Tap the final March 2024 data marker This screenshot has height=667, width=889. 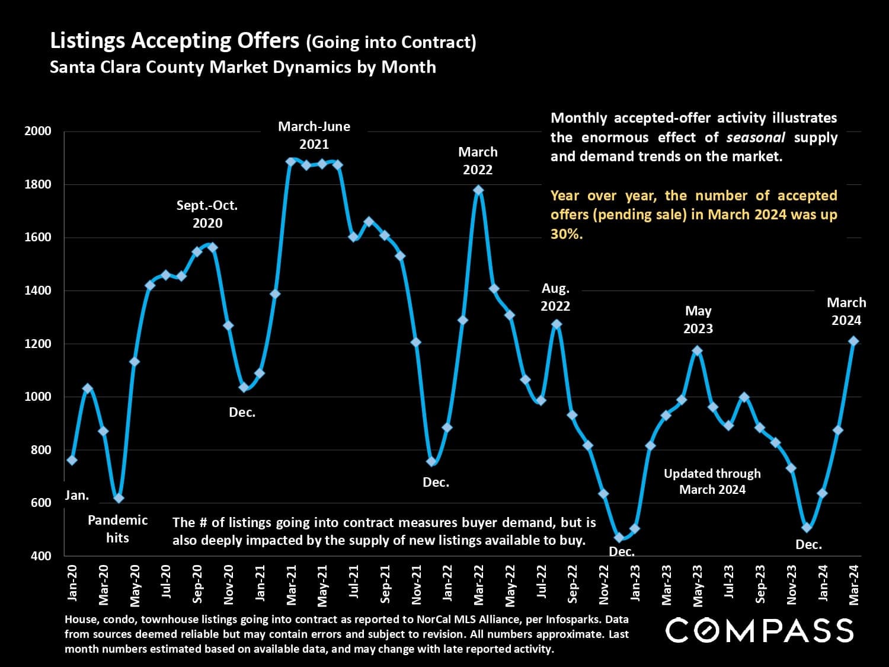point(853,341)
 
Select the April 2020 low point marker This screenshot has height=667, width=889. point(119,498)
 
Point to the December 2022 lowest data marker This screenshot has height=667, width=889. point(619,538)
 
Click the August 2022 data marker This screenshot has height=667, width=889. point(557,324)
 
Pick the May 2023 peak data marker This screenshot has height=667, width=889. point(698,350)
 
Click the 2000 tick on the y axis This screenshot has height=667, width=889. point(37,131)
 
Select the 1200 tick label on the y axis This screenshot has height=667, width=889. point(37,343)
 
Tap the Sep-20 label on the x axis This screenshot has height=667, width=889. point(197,583)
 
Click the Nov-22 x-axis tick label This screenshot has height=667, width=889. point(604,585)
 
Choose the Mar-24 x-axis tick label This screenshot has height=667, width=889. point(854,584)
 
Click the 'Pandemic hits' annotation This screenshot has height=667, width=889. point(117,529)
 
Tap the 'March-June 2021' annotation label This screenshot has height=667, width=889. point(314,135)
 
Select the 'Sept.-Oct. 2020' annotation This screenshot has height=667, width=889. point(207,214)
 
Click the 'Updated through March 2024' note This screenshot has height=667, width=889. point(712,481)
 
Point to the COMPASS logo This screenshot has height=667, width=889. point(759,630)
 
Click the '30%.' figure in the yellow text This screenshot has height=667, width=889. point(567,234)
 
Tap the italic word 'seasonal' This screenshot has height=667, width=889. point(756,138)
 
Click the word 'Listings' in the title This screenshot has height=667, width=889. point(87,41)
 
